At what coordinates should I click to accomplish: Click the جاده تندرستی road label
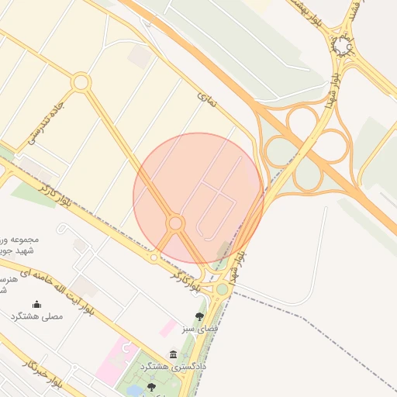[44, 120]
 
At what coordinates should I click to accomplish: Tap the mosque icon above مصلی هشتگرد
[36, 304]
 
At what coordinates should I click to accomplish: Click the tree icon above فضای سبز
[200, 316]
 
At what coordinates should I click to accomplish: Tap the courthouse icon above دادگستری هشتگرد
[172, 354]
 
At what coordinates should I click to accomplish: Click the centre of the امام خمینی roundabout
[343, 48]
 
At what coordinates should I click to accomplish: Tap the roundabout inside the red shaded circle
[176, 223]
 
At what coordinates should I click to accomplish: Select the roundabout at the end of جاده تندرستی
[81, 81]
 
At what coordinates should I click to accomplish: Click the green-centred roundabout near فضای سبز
[223, 289]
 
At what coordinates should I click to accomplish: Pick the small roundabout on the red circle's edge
[154, 257]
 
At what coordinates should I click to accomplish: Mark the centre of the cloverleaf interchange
[306, 147]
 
